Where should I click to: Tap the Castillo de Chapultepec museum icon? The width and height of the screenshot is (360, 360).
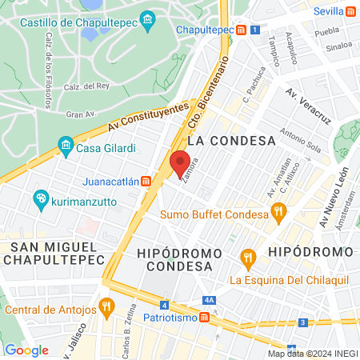147,19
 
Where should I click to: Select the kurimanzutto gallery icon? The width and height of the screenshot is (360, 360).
40,199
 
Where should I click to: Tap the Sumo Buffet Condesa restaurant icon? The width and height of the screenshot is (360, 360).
278,214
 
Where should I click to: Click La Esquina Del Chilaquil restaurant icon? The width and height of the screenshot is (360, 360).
248,258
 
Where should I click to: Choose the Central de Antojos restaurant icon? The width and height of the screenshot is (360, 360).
106,306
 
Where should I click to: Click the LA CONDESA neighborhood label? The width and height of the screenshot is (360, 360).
231,140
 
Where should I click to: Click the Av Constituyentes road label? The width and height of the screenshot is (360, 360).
150,118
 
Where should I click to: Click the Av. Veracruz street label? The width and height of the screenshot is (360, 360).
309,108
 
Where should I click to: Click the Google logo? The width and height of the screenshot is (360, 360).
26,350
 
